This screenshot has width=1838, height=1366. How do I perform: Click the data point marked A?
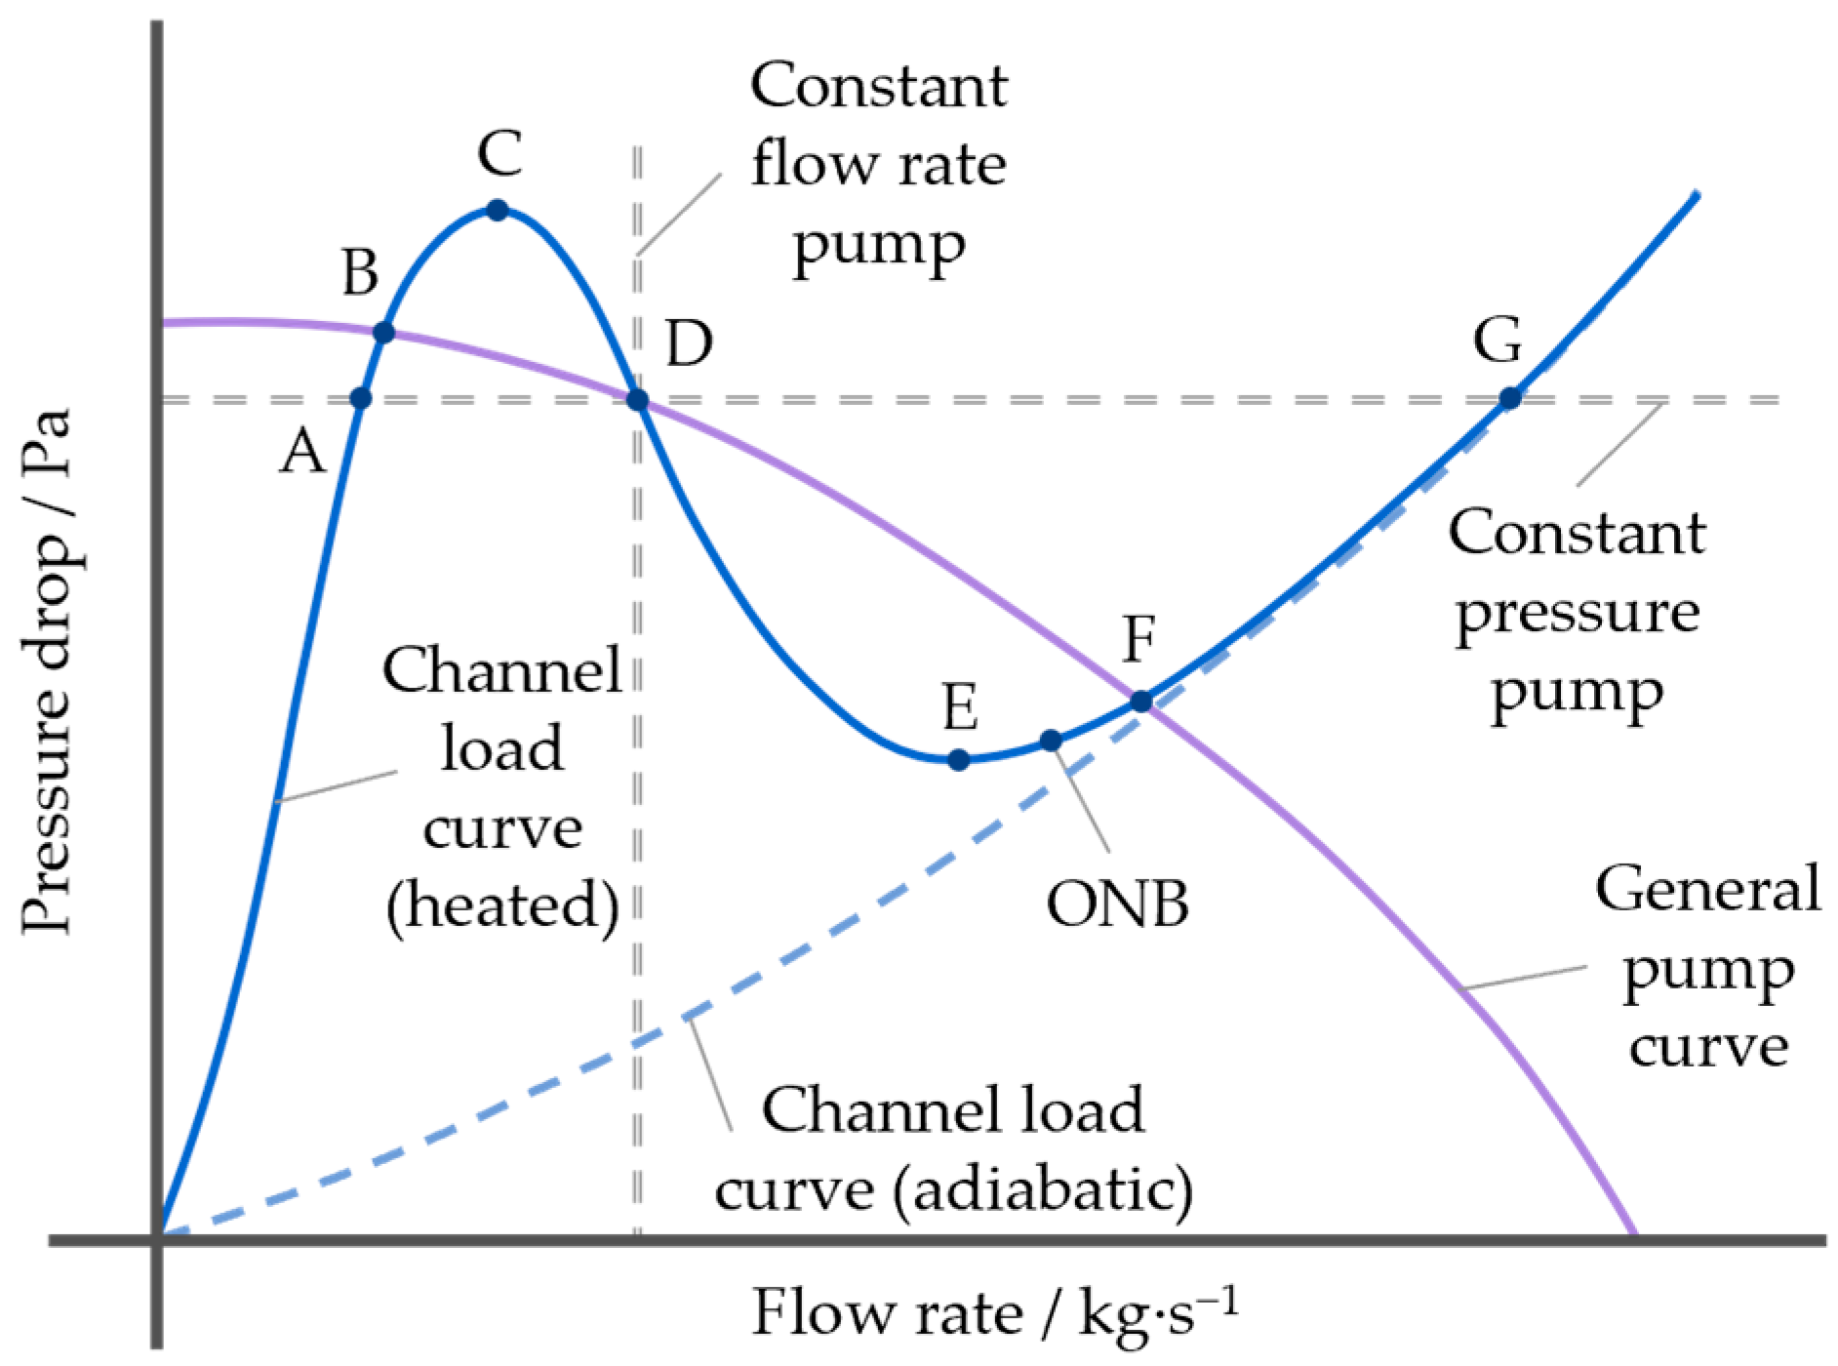pos(361,398)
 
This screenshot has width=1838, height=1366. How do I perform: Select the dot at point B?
pos(383,333)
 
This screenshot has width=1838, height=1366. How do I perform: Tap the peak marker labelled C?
pos(498,210)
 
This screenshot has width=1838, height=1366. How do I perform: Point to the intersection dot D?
pos(637,399)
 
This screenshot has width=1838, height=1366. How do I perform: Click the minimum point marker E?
pos(958,759)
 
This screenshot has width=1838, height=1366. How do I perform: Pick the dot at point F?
pos(1140,701)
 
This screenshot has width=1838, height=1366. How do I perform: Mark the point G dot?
pos(1509,398)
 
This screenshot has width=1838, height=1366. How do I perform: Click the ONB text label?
pos(1117,904)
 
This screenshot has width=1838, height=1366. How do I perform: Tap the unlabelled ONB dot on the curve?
pos(1050,741)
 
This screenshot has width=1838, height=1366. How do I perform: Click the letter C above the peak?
pos(499,154)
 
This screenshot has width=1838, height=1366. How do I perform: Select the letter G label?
pos(1498,341)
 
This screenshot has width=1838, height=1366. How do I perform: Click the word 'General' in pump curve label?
pos(1707,889)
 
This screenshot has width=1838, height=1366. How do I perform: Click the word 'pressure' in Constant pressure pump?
pos(1578,614)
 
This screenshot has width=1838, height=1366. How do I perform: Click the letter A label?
pos(302,453)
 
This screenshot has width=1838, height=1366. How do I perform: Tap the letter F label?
pos(1139,639)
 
